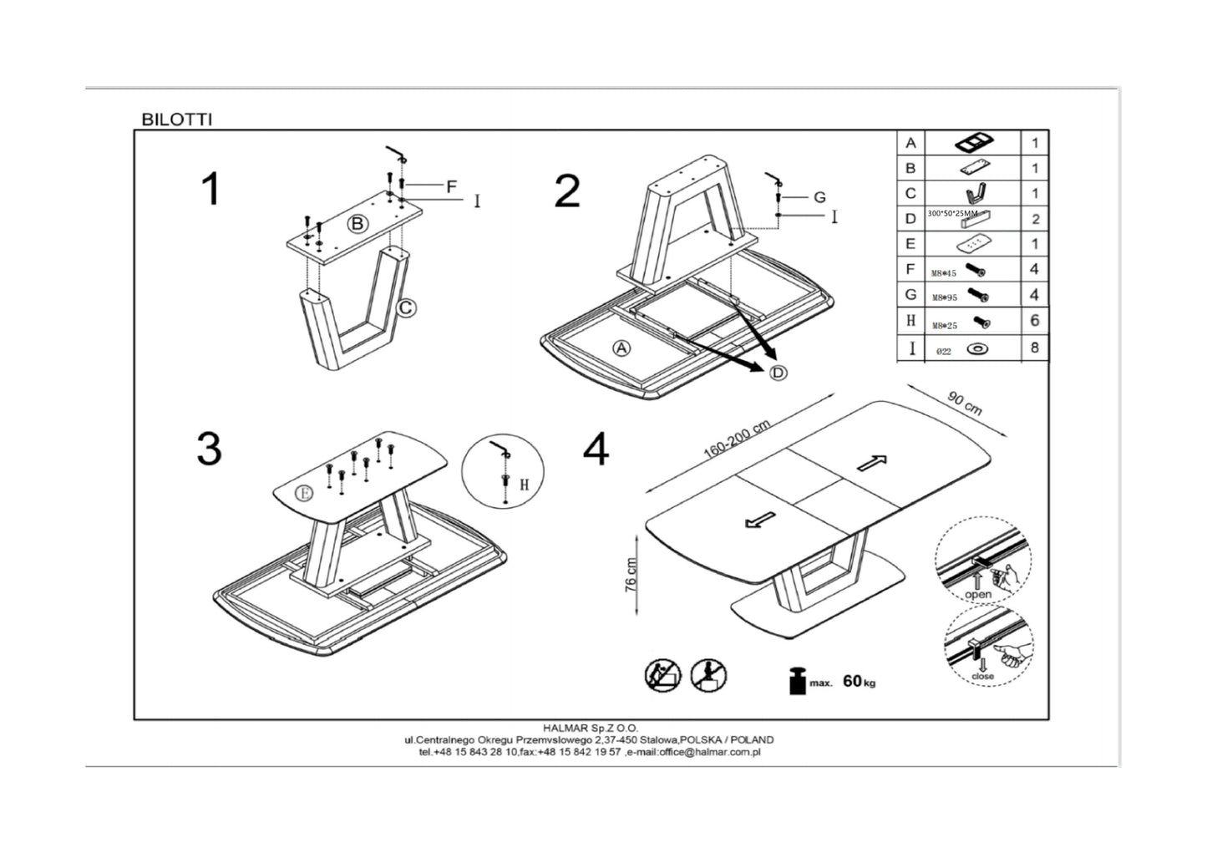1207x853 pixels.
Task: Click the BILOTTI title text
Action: point(176,119)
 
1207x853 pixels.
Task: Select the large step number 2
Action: point(567,192)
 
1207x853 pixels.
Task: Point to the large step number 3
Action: point(209,449)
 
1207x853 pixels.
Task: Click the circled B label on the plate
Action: point(357,223)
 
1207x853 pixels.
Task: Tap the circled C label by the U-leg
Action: point(405,308)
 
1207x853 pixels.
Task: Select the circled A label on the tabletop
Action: point(621,349)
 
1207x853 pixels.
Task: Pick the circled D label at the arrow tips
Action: point(778,373)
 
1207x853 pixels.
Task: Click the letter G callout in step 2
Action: point(819,197)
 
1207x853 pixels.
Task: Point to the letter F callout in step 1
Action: point(451,186)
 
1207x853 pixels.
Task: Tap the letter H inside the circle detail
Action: point(524,484)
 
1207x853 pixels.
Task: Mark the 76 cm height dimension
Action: point(631,575)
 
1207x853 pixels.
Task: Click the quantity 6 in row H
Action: point(1034,321)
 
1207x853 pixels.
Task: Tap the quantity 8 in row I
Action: point(1034,348)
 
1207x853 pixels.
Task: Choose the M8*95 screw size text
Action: point(944,297)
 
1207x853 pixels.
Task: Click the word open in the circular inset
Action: point(978,594)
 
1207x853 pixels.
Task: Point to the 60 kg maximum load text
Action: point(859,682)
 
